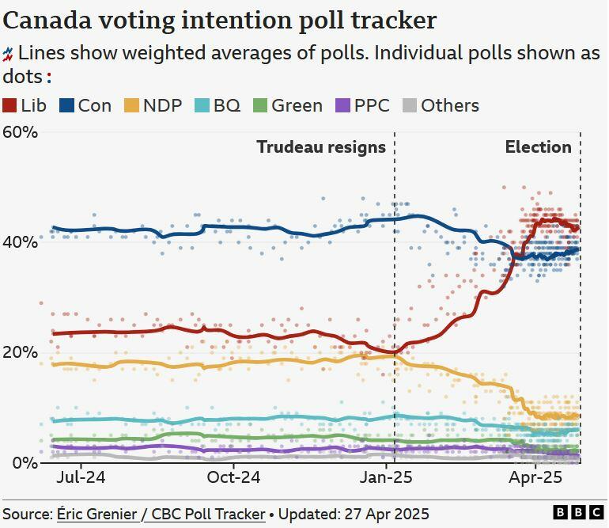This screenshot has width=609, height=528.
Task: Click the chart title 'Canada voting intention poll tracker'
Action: (x=220, y=20)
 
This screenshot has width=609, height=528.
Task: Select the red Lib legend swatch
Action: (x=10, y=105)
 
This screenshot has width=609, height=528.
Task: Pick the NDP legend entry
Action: (x=153, y=105)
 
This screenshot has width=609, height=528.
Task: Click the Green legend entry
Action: (x=288, y=105)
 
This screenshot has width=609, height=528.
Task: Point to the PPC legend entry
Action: (x=363, y=105)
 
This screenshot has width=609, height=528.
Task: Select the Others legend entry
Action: (x=441, y=105)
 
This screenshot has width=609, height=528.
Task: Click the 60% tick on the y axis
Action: (x=20, y=131)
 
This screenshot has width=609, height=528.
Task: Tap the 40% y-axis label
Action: (x=20, y=241)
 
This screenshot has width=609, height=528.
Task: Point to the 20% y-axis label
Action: (x=20, y=352)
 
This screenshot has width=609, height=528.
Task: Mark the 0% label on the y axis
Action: (x=25, y=462)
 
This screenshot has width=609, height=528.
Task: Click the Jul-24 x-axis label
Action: (x=81, y=478)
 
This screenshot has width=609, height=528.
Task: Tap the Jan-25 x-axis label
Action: (x=388, y=478)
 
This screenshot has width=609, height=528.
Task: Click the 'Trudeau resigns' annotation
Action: (x=321, y=147)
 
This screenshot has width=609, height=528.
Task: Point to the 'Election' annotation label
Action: (x=538, y=147)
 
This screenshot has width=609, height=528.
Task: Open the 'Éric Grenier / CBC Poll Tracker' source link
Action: (x=161, y=514)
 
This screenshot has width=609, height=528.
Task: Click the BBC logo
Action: (x=577, y=514)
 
